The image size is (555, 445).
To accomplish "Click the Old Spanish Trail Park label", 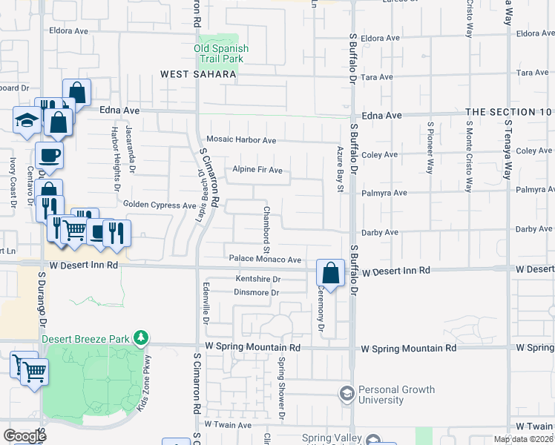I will (x=221, y=53).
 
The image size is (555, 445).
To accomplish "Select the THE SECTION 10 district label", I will (x=510, y=112).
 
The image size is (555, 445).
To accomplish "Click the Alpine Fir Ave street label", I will (x=257, y=170).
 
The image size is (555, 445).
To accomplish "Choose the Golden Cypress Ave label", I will (x=160, y=205).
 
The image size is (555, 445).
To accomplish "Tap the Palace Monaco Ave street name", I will (x=265, y=260).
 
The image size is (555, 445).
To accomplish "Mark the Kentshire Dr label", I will (x=257, y=279).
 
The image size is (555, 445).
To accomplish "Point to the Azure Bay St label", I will (x=340, y=168).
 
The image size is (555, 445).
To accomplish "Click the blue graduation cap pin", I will (x=26, y=121).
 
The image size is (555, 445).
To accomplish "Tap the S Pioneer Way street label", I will (x=430, y=147).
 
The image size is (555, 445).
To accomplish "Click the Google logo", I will (x=24, y=436).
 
